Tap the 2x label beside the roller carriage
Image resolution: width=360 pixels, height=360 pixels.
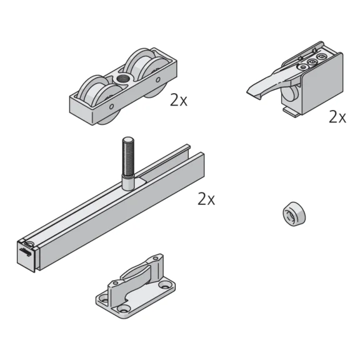[x=178, y=99]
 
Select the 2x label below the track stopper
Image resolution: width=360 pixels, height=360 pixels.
[x=337, y=116]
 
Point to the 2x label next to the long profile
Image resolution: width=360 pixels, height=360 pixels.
[x=206, y=199]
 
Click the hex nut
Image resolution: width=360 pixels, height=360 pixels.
[x=294, y=214]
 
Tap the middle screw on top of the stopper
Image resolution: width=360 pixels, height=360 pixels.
[x=311, y=62]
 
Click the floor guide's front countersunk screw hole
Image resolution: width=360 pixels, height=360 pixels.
[x=124, y=309]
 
